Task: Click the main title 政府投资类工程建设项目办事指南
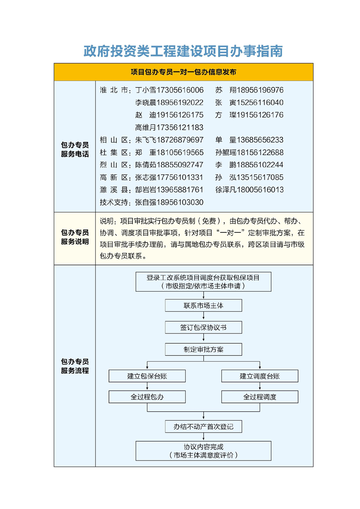183,51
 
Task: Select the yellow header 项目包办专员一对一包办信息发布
183,72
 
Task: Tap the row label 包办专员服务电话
75,149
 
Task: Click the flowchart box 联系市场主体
203,305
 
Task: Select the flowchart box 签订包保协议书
203,328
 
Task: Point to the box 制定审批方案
203,350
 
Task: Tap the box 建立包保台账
147,376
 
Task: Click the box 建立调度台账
260,376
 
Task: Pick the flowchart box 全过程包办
147,397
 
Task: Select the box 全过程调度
260,397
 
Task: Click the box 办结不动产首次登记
203,426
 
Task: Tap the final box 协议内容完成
203,450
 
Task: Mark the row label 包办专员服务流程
75,366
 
